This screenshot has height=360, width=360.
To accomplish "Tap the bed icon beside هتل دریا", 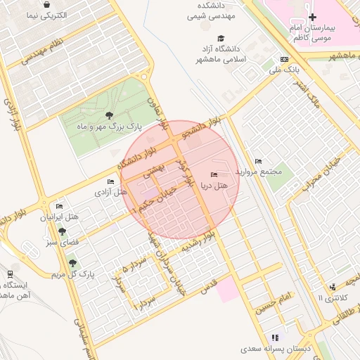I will [214, 174].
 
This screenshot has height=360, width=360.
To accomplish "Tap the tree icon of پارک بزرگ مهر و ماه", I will [108, 116].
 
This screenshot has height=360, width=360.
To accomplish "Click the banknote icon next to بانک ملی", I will [284, 60].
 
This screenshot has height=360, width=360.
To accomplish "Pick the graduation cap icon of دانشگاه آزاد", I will [221, 39].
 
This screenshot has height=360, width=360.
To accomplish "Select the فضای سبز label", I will [62, 241].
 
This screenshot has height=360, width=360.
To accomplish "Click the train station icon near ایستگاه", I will [11, 274].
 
